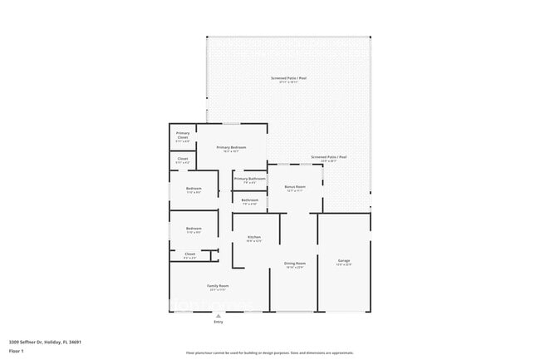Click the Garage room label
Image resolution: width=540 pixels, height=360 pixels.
pyautogui.click(x=344, y=260)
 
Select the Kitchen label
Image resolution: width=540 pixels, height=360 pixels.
pyautogui.click(x=254, y=237)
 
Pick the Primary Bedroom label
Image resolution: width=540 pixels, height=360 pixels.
pyautogui.click(x=232, y=147)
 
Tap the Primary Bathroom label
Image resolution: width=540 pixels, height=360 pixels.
pyautogui.click(x=249, y=178)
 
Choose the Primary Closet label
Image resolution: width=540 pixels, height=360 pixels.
pyautogui.click(x=182, y=137)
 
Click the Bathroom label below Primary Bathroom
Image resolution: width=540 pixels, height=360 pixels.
pyautogui.click(x=249, y=200)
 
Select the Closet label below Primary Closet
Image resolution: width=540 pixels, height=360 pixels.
pyautogui.click(x=182, y=158)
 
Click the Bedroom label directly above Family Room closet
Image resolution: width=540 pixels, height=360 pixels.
pyautogui.click(x=194, y=229)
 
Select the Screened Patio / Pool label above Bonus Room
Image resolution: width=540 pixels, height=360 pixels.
pyautogui.click(x=328, y=157)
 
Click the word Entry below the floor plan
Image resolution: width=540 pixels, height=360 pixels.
pyautogui.click(x=218, y=322)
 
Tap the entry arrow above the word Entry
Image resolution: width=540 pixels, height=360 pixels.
pyautogui.click(x=218, y=316)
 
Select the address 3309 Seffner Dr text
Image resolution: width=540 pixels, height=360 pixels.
pyautogui.click(x=45, y=342)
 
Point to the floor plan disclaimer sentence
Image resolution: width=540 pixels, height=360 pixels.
pyautogui.click(x=270, y=353)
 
